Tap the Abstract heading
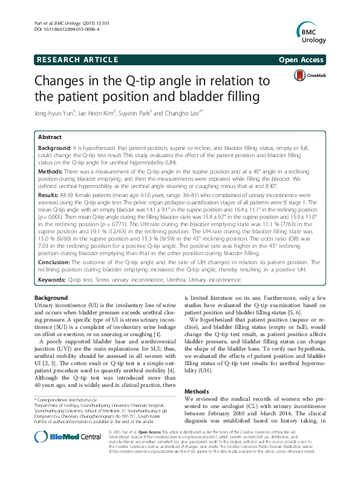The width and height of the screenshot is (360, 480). (x=50, y=137)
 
